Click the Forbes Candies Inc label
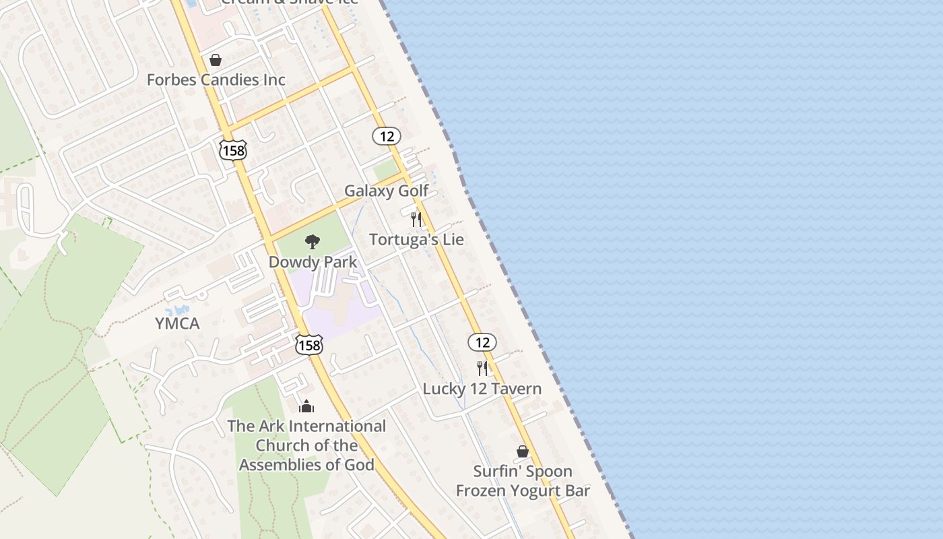tap(216, 80)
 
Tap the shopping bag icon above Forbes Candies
tap(216, 60)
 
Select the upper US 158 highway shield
tap(233, 150)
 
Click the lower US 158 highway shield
tap(309, 345)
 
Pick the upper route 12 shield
tap(387, 136)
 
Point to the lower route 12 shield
tap(482, 342)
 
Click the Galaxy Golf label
tap(386, 191)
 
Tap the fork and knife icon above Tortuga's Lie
tap(416, 220)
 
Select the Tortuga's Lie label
tap(416, 239)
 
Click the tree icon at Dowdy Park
tap(312, 241)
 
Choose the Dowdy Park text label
tap(313, 261)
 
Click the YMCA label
tap(177, 323)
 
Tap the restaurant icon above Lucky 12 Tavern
tap(482, 369)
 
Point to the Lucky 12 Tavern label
tap(482, 389)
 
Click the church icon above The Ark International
tap(306, 406)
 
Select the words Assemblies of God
tap(306, 464)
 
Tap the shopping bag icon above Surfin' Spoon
tap(523, 451)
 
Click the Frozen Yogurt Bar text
tap(523, 490)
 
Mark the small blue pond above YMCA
tap(179, 310)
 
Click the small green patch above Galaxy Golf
tap(385, 170)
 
